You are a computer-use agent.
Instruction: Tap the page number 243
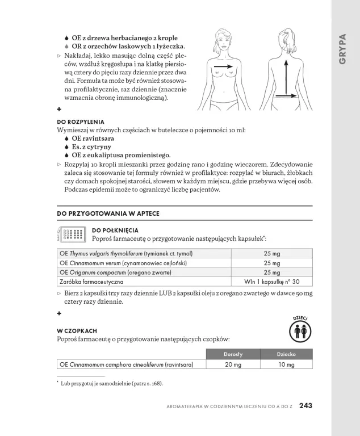(306, 405)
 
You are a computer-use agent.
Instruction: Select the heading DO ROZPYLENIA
(81, 121)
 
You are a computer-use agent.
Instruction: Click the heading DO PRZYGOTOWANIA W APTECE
(108, 213)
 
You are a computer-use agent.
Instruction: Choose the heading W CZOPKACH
(77, 330)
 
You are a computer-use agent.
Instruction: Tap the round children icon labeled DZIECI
(299, 330)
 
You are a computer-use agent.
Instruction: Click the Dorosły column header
(233, 354)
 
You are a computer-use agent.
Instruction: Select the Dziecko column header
(286, 354)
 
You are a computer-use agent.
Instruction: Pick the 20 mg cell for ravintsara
(233, 364)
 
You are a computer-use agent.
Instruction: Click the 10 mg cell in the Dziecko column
(286, 364)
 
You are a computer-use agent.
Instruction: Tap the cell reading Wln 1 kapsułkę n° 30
(271, 282)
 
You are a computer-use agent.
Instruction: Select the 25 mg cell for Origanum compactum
(271, 272)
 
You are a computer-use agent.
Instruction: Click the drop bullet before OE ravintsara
(67, 139)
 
